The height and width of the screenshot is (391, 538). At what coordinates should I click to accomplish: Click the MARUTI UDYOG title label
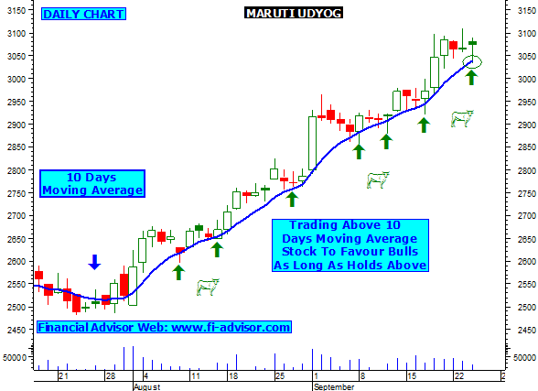(x=294, y=13)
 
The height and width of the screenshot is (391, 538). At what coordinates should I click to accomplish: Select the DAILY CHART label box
(x=84, y=14)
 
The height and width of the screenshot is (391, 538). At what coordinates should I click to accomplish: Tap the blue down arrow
(x=94, y=262)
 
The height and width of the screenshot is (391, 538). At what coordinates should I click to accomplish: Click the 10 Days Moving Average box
(x=92, y=184)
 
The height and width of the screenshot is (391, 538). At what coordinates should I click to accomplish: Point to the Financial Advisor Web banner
(x=164, y=327)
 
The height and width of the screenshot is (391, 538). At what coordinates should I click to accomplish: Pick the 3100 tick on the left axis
(x=16, y=34)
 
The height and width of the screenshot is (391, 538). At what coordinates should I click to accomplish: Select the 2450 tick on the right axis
(x=527, y=331)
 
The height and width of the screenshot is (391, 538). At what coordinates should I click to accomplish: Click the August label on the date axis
(x=146, y=387)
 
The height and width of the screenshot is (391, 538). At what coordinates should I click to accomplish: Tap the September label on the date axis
(x=334, y=387)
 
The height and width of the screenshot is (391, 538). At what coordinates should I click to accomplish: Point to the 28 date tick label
(x=111, y=376)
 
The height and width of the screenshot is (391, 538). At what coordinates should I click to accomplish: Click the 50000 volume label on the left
(x=15, y=358)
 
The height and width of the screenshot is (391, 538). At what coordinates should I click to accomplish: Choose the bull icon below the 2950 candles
(x=462, y=119)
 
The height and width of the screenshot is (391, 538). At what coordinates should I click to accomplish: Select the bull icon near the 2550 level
(x=208, y=287)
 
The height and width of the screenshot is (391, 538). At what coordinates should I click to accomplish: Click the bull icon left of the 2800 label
(x=378, y=179)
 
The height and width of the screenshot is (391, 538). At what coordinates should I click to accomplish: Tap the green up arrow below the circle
(x=471, y=77)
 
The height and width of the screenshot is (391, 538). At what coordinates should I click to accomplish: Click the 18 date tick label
(x=233, y=376)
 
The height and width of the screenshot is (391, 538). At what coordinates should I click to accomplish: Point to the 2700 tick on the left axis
(x=16, y=216)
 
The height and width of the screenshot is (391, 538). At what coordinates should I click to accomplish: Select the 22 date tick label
(x=459, y=376)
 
